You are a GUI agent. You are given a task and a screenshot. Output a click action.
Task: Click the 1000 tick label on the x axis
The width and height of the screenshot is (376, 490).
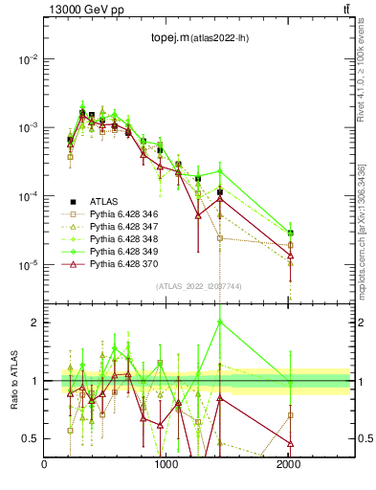[166, 464]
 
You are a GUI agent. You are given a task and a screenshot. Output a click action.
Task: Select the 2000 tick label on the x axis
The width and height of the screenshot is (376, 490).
[288, 464]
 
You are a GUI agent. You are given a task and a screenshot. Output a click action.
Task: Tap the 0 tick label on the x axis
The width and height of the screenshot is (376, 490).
[45, 464]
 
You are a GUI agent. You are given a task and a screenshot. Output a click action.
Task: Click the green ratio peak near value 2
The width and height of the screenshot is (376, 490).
[220, 323]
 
